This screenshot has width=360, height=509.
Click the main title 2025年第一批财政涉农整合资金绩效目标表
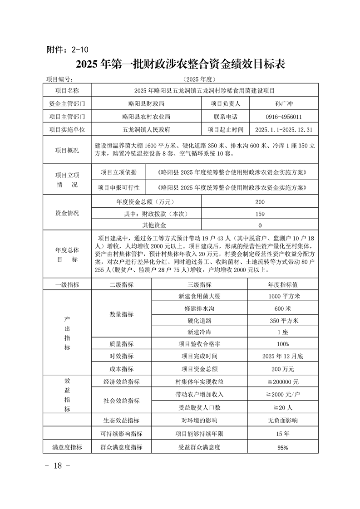click(180, 64)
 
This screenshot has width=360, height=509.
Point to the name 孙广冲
click(282, 103)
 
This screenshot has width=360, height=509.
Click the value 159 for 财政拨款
click(260, 214)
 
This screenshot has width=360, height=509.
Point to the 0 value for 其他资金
click(260, 225)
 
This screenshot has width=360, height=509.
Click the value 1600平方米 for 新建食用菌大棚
click(282, 297)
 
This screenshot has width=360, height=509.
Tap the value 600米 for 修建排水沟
click(282, 308)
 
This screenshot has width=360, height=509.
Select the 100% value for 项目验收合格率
click(282, 344)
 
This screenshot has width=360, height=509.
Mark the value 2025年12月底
click(282, 356)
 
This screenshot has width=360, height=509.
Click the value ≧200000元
click(282, 382)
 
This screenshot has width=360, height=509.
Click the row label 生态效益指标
click(121, 421)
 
